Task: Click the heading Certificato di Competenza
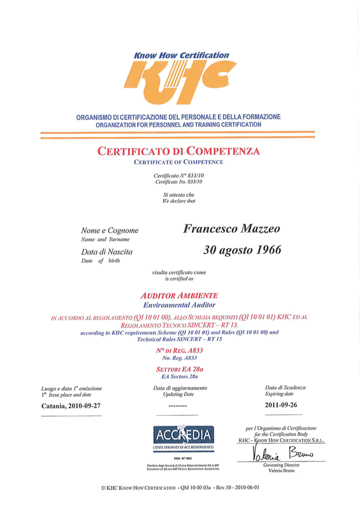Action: point(178,152)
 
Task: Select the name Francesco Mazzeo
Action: point(231,228)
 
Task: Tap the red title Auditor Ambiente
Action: point(178,296)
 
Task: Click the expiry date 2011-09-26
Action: point(282,405)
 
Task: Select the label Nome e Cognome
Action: point(110,230)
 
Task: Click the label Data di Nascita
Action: point(106,252)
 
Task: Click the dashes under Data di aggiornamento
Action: point(178,405)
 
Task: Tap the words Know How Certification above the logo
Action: point(181,55)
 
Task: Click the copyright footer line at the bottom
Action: point(180,488)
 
